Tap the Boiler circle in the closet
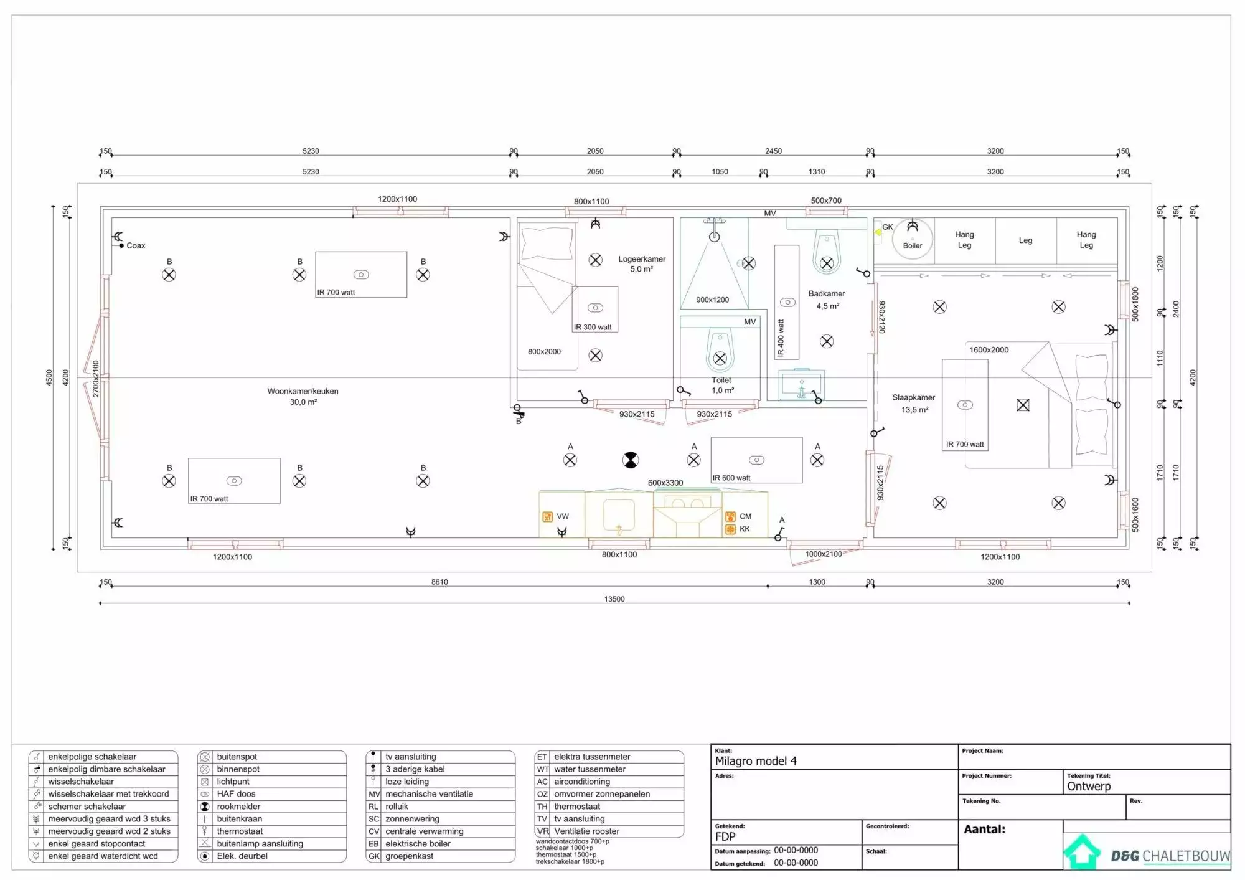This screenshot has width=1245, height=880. coord(913,239)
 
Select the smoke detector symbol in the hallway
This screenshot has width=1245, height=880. coord(631,460)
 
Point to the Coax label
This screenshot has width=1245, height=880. coord(136,245)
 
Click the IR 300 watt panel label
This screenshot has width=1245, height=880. coord(593,327)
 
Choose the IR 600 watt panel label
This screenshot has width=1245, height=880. coord(731,478)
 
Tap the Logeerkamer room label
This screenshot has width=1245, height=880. coord(642,259)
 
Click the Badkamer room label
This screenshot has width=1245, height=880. coord(827,293)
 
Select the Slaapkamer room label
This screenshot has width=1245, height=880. coord(914,397)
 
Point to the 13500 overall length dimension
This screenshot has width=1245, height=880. coord(614,599)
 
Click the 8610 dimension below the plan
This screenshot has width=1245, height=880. coord(439,582)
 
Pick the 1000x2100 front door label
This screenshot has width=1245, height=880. coord(824,554)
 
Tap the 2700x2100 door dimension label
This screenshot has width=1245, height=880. coord(96,379)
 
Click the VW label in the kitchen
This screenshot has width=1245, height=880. coord(563,516)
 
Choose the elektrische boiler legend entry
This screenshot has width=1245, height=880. coord(418,844)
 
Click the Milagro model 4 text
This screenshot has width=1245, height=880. coord(756,761)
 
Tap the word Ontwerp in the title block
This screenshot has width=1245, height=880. coord(1089,787)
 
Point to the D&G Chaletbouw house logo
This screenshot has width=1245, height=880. coord(1082,851)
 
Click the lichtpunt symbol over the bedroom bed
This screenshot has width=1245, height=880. coord(1023,405)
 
